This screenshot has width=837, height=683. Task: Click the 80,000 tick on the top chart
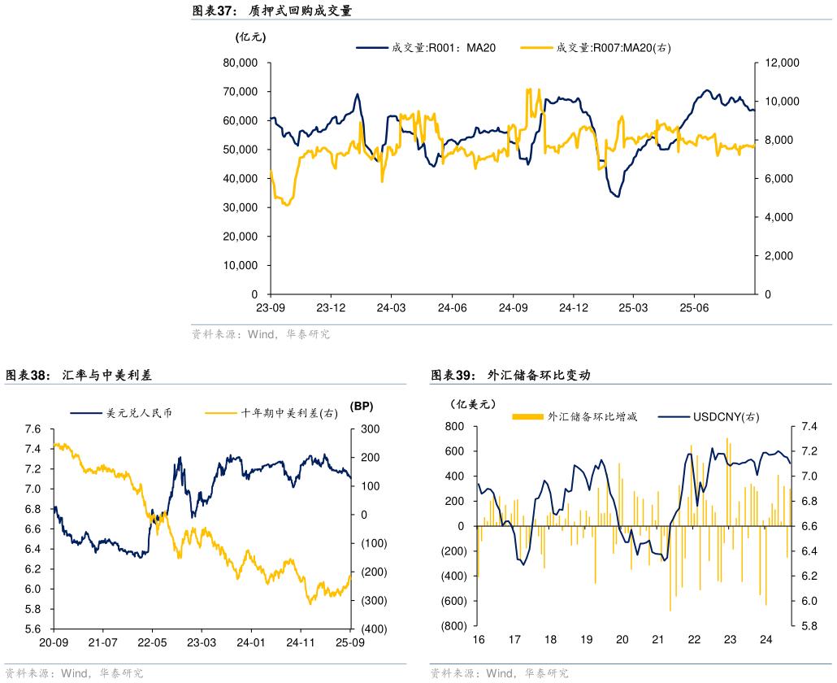pyautogui.click(x=241, y=63)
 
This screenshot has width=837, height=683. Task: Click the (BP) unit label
pyautogui.click(x=361, y=406)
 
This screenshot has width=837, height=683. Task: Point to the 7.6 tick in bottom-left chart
pyautogui.click(x=33, y=429)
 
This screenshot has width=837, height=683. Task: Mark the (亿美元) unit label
pyautogui.click(x=471, y=404)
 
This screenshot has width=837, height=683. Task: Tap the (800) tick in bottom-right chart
pyautogui.click(x=453, y=626)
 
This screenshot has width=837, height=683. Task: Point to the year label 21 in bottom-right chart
pyautogui.click(x=658, y=640)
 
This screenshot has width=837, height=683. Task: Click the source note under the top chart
pyautogui.click(x=260, y=334)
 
